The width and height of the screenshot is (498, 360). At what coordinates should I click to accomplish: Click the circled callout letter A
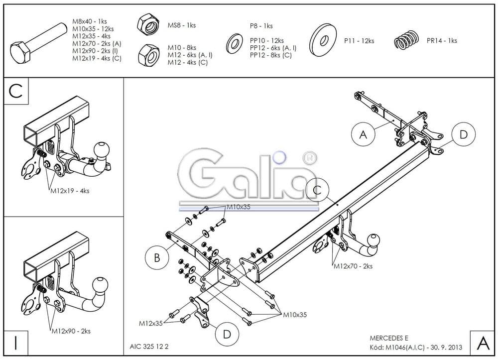(363, 134)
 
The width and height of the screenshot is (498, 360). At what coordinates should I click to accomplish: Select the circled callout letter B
(157, 258)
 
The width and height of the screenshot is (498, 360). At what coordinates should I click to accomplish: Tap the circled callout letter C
(318, 189)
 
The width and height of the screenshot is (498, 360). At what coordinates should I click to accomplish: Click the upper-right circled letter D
(463, 134)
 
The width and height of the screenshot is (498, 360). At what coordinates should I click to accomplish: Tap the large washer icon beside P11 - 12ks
(323, 41)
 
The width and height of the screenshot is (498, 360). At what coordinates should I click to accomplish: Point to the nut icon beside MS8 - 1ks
(148, 24)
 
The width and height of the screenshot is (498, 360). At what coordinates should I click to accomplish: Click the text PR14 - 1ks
(442, 41)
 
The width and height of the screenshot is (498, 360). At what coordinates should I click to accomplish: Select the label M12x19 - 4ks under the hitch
(70, 190)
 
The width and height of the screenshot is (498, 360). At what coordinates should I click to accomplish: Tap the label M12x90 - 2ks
(70, 331)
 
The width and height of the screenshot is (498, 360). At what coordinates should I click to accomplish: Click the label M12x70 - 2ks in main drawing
(353, 266)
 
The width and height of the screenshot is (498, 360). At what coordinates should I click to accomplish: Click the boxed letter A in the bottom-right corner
(482, 343)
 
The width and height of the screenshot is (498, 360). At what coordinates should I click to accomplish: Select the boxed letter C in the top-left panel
(16, 92)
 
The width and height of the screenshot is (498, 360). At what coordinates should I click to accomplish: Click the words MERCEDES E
(388, 338)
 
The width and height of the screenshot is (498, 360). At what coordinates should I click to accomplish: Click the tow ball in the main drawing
(373, 241)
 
